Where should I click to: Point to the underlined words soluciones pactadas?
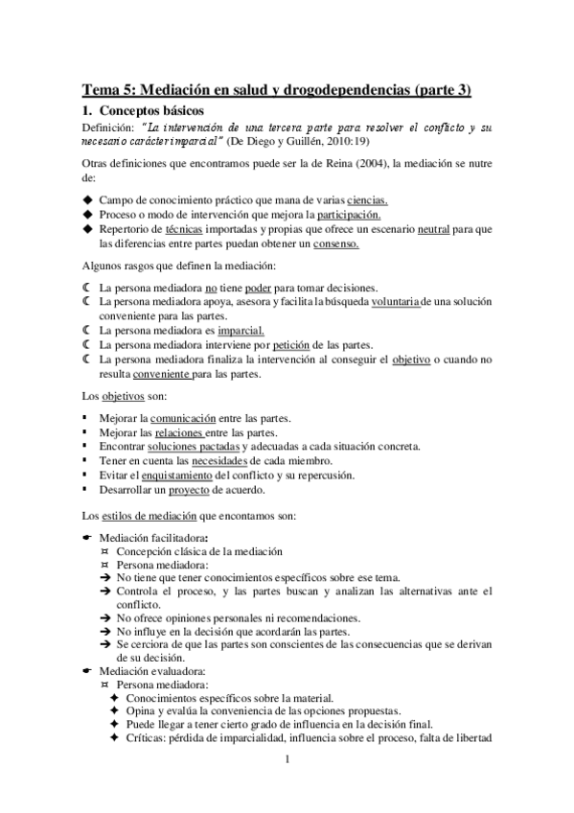pyautogui.click(x=198, y=448)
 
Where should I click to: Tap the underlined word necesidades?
pyautogui.click(x=219, y=462)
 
